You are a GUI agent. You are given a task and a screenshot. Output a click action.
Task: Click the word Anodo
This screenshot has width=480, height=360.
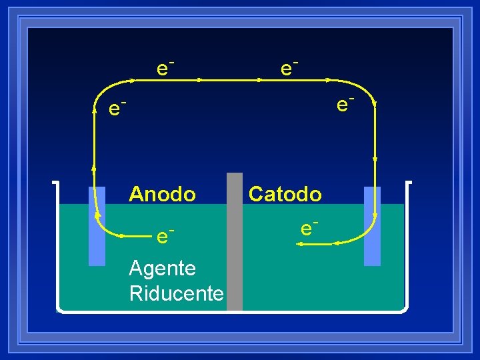pos(162,194)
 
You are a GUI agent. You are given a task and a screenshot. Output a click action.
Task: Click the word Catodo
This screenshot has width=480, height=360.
pos(285,194)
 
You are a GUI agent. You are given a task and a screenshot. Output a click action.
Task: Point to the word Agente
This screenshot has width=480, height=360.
pos(162,269)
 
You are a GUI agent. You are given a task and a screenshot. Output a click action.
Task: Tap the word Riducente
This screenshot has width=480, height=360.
pos(176,293)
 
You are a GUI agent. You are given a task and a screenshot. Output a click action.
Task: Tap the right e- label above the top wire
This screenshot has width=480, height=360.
pos(288,67)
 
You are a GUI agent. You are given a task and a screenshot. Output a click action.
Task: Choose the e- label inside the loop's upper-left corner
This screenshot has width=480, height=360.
pos(117,107)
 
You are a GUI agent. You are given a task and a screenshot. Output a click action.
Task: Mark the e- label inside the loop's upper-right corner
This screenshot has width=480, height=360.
pos(344,103)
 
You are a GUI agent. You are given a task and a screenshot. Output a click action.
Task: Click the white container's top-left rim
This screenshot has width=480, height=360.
pos(55,182)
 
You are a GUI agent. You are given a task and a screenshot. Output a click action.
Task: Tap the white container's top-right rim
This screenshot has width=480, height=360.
pos(408,182)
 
